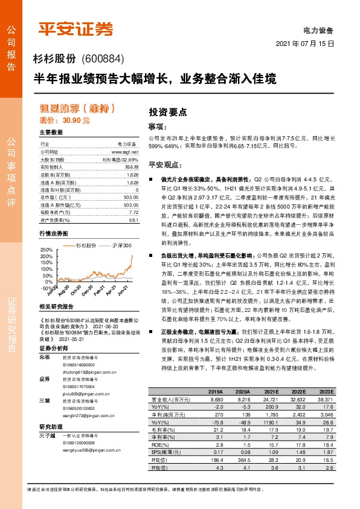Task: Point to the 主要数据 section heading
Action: (x=51, y=132)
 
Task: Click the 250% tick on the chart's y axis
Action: (x=46, y=249)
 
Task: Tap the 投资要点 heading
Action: (x=169, y=112)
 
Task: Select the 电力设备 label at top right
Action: (x=321, y=30)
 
